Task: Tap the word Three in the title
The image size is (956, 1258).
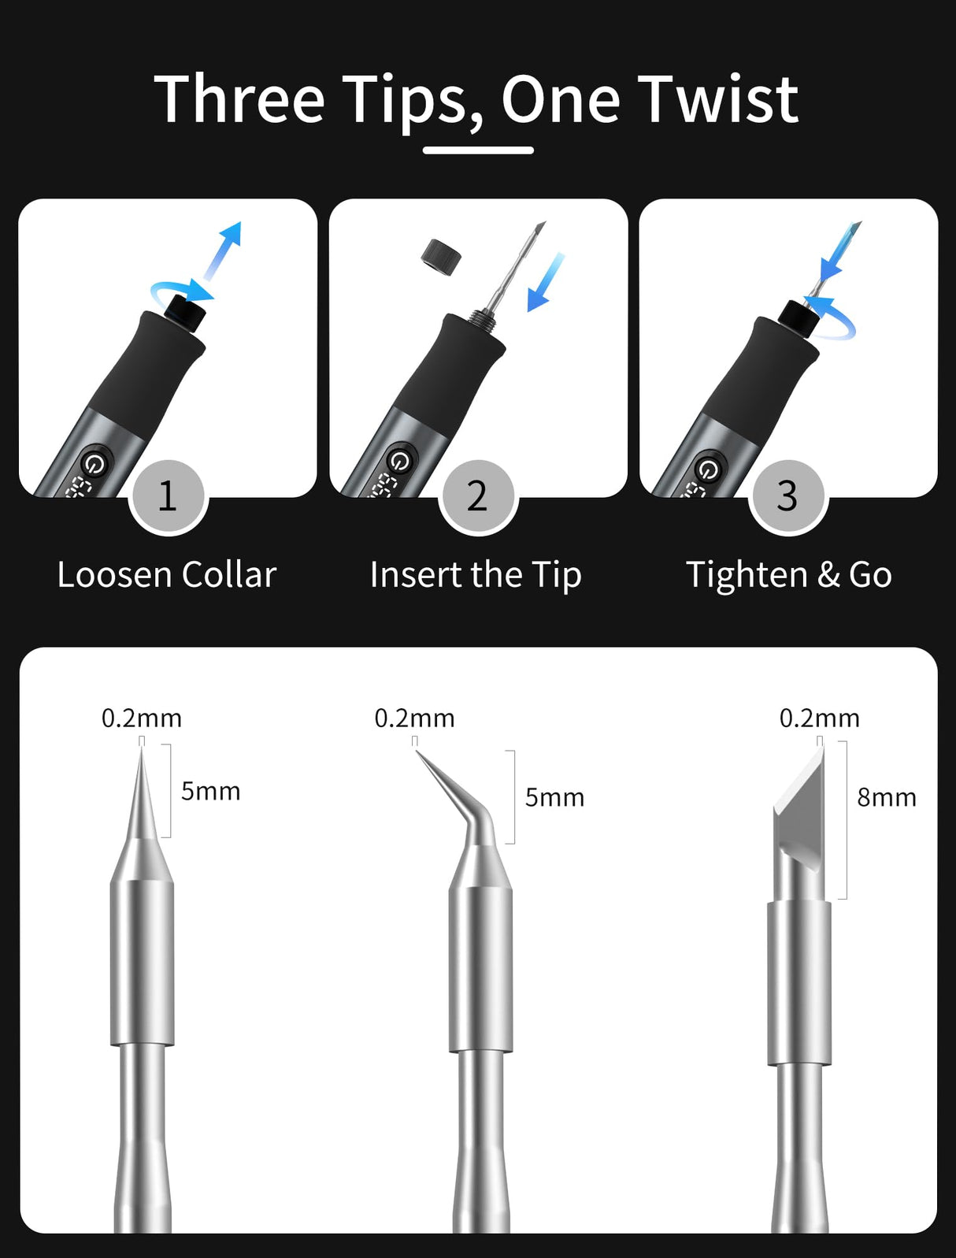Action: (x=239, y=100)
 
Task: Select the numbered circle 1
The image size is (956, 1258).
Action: (x=168, y=496)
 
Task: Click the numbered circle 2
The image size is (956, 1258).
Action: (x=477, y=496)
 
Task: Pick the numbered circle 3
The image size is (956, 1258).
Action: (x=787, y=496)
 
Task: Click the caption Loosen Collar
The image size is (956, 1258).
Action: (x=167, y=575)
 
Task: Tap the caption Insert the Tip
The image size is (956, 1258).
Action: (x=476, y=575)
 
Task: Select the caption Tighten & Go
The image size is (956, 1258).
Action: (x=788, y=575)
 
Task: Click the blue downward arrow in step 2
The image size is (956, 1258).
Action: (x=547, y=283)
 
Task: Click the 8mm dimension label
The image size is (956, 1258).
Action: (x=887, y=798)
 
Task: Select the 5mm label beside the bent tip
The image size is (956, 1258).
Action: (x=554, y=798)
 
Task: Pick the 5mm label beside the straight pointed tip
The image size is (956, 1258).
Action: (x=210, y=791)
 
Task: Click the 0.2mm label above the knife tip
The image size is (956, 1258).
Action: (x=819, y=718)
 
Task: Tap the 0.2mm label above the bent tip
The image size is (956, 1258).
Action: (x=414, y=718)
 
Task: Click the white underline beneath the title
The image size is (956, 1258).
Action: (x=478, y=150)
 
